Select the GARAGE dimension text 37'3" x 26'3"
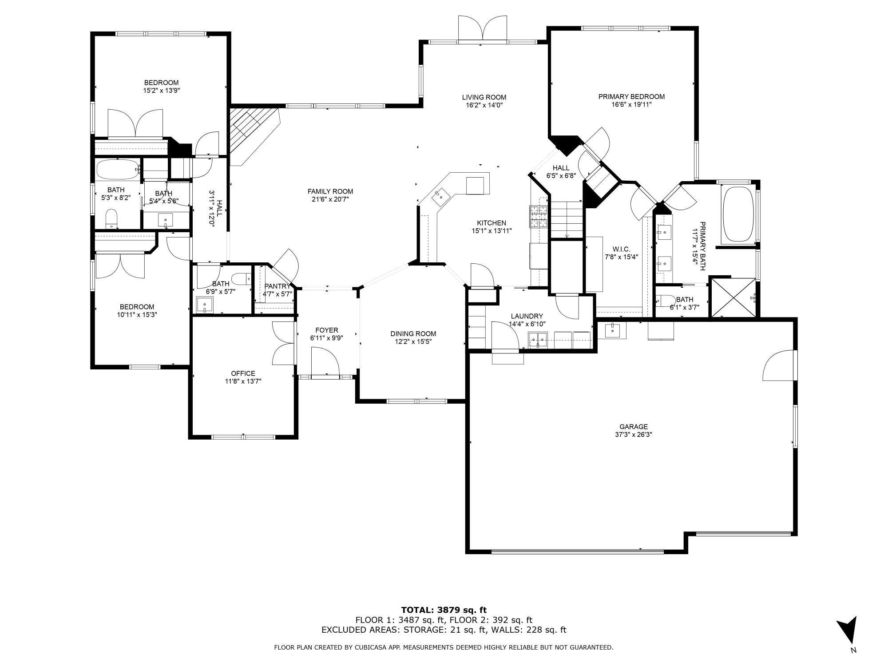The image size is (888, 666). coord(634,435)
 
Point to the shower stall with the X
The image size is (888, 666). coord(733,297)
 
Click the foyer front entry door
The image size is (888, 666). coord(325,362)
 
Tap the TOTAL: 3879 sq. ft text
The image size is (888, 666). coord(444,610)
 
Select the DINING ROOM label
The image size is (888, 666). coord(413,334)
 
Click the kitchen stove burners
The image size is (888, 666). coord(538,217)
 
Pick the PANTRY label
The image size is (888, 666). coord(277,286)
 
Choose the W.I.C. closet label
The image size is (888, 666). coord(621,250)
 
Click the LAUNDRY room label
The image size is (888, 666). coord(527,317)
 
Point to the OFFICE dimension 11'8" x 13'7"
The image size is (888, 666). coord(243,381)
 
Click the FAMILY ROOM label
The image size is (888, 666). coord(330,192)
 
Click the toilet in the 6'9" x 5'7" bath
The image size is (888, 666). coord(241,279)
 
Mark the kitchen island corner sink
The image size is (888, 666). coord(441,195)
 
